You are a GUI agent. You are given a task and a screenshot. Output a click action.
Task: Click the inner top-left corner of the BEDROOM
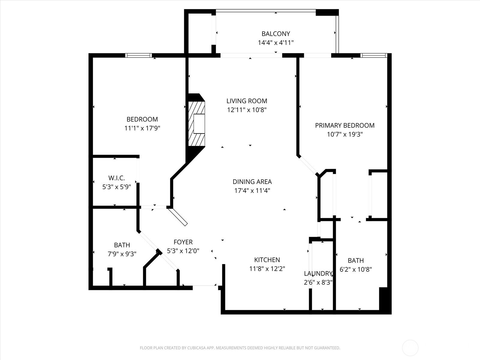point(93,58)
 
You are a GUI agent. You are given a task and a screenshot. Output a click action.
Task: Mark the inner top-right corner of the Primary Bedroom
point(387,58)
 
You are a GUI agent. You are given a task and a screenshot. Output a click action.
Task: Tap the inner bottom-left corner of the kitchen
point(225,310)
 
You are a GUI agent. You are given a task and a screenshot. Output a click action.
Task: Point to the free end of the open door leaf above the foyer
point(186,225)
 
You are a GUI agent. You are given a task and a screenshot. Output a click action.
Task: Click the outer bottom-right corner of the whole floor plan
point(391,314)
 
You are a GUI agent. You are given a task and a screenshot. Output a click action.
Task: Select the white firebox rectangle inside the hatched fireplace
point(199,124)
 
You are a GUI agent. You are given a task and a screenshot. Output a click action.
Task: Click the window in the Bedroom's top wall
point(138,55)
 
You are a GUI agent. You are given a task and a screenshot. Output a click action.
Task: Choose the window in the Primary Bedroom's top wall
point(374,55)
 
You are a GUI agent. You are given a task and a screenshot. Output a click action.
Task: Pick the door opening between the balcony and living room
point(251,55)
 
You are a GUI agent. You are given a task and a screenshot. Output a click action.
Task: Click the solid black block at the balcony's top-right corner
point(327,12)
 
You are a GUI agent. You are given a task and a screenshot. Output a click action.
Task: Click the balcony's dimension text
point(276,43)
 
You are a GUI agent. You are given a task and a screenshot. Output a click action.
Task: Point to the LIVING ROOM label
point(247,101)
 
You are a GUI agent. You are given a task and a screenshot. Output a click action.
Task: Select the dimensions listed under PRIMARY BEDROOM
point(345,134)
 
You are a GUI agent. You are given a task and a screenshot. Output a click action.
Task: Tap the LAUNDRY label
point(318,274)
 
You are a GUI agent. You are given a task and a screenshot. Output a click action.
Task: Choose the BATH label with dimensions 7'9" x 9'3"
point(122,245)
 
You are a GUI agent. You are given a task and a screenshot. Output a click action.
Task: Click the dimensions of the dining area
point(252,191)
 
